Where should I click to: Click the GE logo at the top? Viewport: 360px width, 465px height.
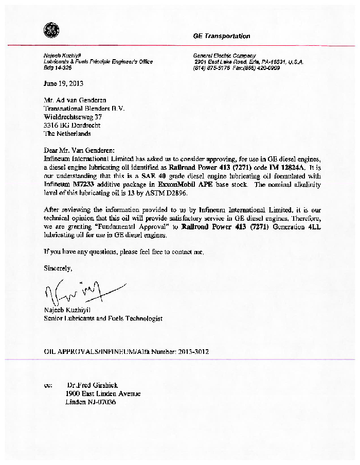coord(52,30)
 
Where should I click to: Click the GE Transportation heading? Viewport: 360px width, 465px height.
coord(222,37)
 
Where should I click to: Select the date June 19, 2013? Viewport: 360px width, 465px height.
coord(64,83)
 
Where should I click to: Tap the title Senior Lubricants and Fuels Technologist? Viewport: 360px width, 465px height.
coord(103,318)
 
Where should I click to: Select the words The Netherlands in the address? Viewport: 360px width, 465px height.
coord(67,134)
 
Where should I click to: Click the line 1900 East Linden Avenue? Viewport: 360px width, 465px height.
coord(103,394)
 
